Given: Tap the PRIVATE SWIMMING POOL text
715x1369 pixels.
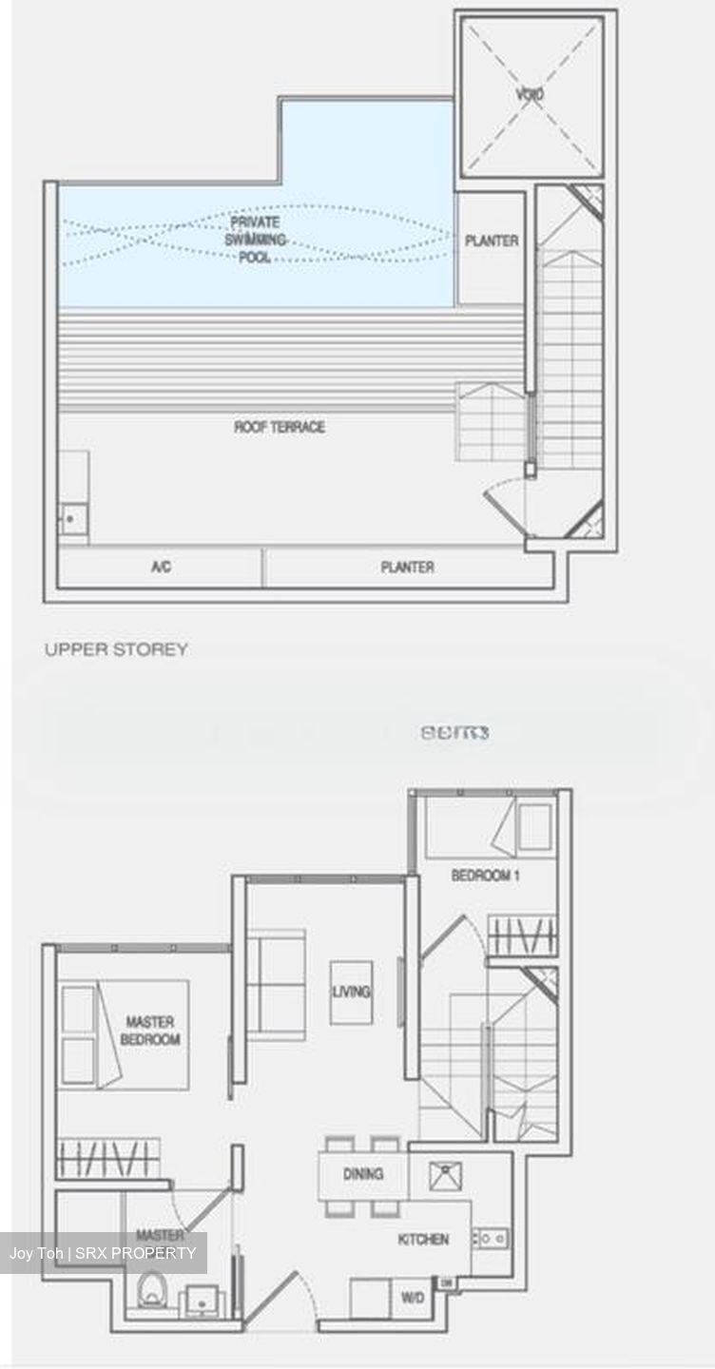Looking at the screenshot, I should (x=254, y=240).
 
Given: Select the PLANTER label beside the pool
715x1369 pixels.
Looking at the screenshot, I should (x=492, y=241).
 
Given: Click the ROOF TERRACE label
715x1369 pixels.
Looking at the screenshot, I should (x=280, y=428).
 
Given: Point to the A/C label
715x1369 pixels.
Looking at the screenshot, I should (x=161, y=568).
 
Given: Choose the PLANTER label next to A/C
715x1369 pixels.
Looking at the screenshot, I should (x=407, y=568).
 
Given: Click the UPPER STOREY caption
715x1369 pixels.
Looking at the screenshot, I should (x=116, y=649).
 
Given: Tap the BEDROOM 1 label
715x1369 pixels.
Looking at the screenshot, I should (x=485, y=876).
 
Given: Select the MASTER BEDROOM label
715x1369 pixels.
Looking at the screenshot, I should (x=150, y=1031).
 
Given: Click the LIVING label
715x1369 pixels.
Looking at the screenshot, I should (x=351, y=993).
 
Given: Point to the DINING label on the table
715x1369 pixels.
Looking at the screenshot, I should (x=363, y=1175).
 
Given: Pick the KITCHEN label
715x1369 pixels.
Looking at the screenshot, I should (x=423, y=1240).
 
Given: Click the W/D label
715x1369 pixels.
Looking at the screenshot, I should (x=413, y=1298).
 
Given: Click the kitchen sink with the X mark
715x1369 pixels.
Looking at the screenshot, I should (x=443, y=1176).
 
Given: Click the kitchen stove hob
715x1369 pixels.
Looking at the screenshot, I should (x=491, y=1238).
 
